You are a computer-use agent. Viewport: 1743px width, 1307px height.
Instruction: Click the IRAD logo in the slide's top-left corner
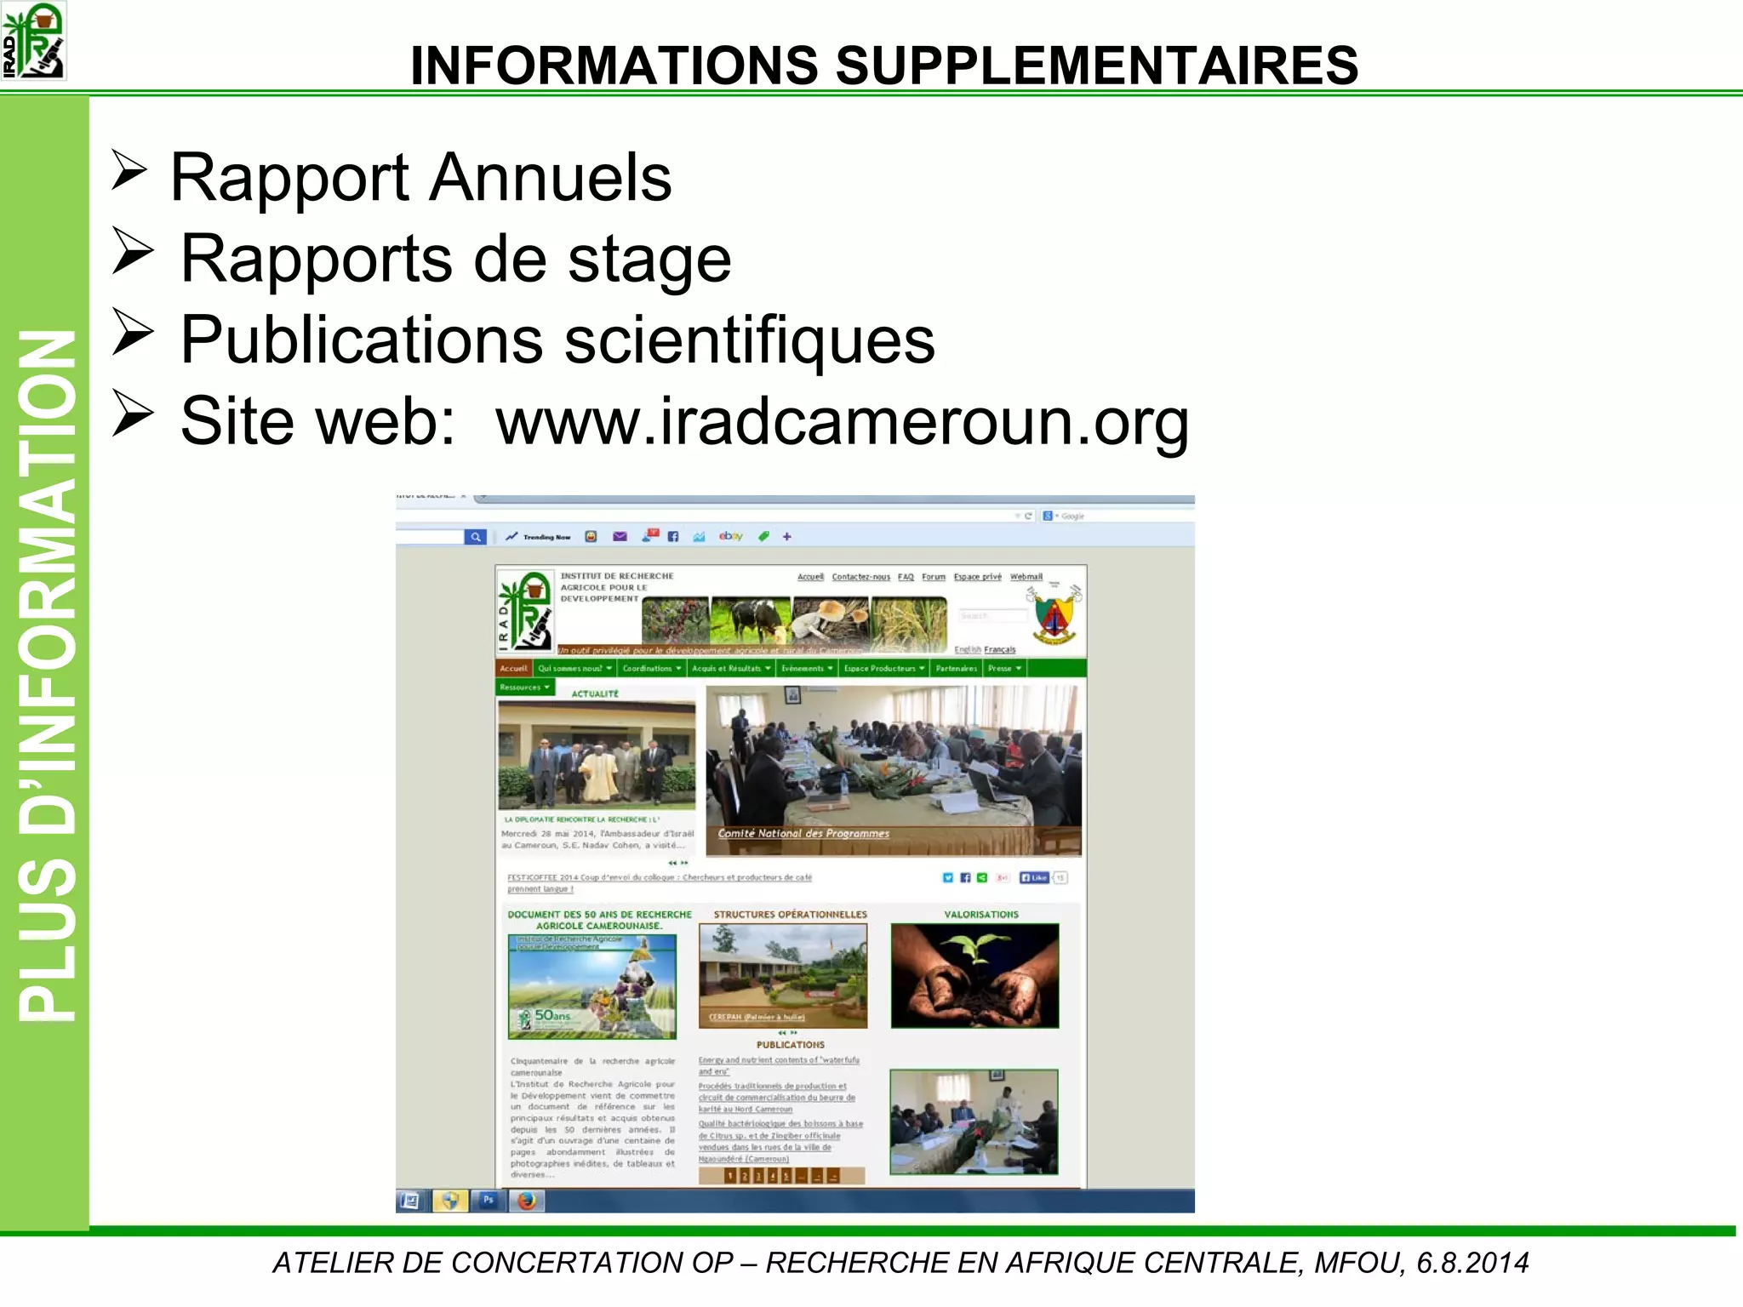pyautogui.click(x=34, y=41)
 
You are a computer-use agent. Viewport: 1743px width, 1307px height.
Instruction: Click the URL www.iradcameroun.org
pyautogui.click(x=842, y=420)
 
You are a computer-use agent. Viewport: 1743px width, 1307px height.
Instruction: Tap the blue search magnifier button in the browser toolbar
pyautogui.click(x=476, y=537)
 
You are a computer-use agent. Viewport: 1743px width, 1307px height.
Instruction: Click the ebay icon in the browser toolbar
pyautogui.click(x=730, y=536)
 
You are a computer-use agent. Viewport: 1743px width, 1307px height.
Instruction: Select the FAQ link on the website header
pyautogui.click(x=906, y=577)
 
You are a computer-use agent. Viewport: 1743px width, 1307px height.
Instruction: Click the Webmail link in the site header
pyautogui.click(x=1026, y=577)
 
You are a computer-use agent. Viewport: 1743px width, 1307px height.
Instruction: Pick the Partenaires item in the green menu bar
pyautogui.click(x=956, y=669)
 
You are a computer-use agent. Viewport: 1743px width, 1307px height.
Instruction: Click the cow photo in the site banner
pyautogui.click(x=751, y=619)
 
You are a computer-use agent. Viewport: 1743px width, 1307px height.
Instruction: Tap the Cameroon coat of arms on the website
pyautogui.click(x=1054, y=615)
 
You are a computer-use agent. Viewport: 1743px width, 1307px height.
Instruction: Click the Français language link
pyautogui.click(x=1000, y=650)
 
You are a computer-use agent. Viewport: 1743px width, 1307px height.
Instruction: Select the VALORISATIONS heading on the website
pyautogui.click(x=980, y=915)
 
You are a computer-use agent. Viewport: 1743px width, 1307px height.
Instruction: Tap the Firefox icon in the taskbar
pyautogui.click(x=527, y=1201)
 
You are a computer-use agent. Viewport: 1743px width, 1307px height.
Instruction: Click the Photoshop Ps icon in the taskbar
pyautogui.click(x=489, y=1201)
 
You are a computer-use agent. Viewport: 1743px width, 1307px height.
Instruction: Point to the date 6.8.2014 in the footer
pyautogui.click(x=1472, y=1263)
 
